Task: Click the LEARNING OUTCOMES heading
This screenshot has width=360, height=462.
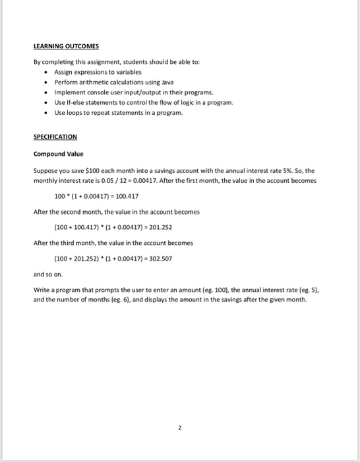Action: coord(65,46)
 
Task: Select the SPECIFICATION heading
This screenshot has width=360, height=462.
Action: coord(55,137)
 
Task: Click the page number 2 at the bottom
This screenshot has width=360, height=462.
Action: coord(179,428)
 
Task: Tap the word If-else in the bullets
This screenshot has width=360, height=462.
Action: coord(71,102)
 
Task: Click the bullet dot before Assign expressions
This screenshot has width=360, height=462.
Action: coord(45,72)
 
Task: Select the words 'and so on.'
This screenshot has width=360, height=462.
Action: coord(45,275)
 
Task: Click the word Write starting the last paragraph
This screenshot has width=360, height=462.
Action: coord(41,290)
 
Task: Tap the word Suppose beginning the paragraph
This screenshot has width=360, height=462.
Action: coord(45,170)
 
